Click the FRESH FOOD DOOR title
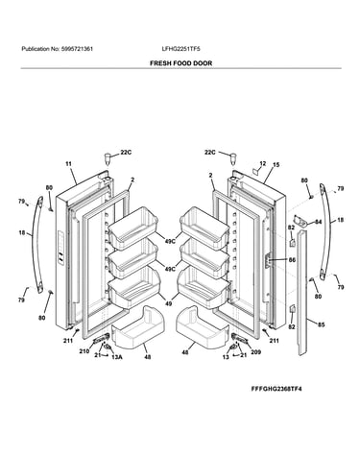coord(180,63)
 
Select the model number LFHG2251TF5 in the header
coord(181,49)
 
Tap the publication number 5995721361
coord(77,49)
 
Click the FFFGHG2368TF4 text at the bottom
coord(276,389)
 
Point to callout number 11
coord(68,164)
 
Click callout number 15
coord(276,165)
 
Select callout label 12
coord(263,163)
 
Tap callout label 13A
coord(117,357)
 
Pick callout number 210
coord(84,351)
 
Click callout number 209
coord(255,352)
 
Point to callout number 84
coord(318,222)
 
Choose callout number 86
coord(292,260)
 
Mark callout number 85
coord(321,324)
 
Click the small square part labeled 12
coord(256,171)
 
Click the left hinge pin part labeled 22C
coord(108,158)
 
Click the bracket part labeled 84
coord(300,221)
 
